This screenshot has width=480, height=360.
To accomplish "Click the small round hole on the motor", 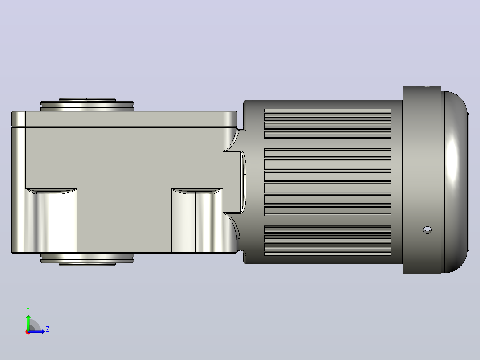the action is (x=427, y=230).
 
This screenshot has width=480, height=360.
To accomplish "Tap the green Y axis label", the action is (x=28, y=310).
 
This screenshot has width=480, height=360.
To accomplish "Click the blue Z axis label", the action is (x=48, y=329).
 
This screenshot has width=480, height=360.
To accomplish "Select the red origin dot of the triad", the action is (x=28, y=332).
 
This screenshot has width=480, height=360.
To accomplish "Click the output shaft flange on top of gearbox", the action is (x=87, y=105).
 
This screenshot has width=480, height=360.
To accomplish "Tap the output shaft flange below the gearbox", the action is (x=87, y=259).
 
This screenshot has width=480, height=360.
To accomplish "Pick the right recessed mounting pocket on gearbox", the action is (x=197, y=221).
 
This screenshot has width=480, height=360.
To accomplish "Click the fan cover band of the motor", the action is (x=422, y=180).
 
